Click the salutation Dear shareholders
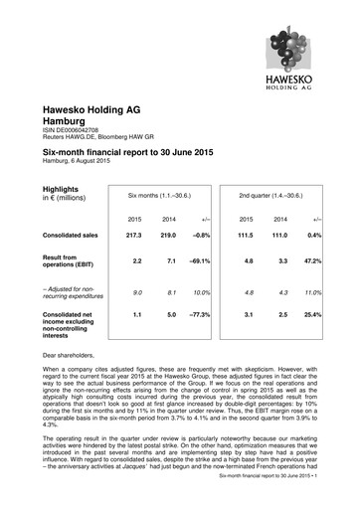(71, 353)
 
